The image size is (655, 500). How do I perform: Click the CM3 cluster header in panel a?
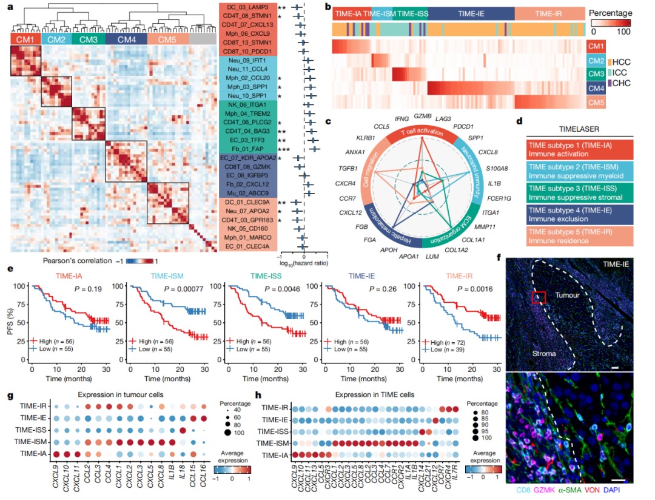(88, 39)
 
